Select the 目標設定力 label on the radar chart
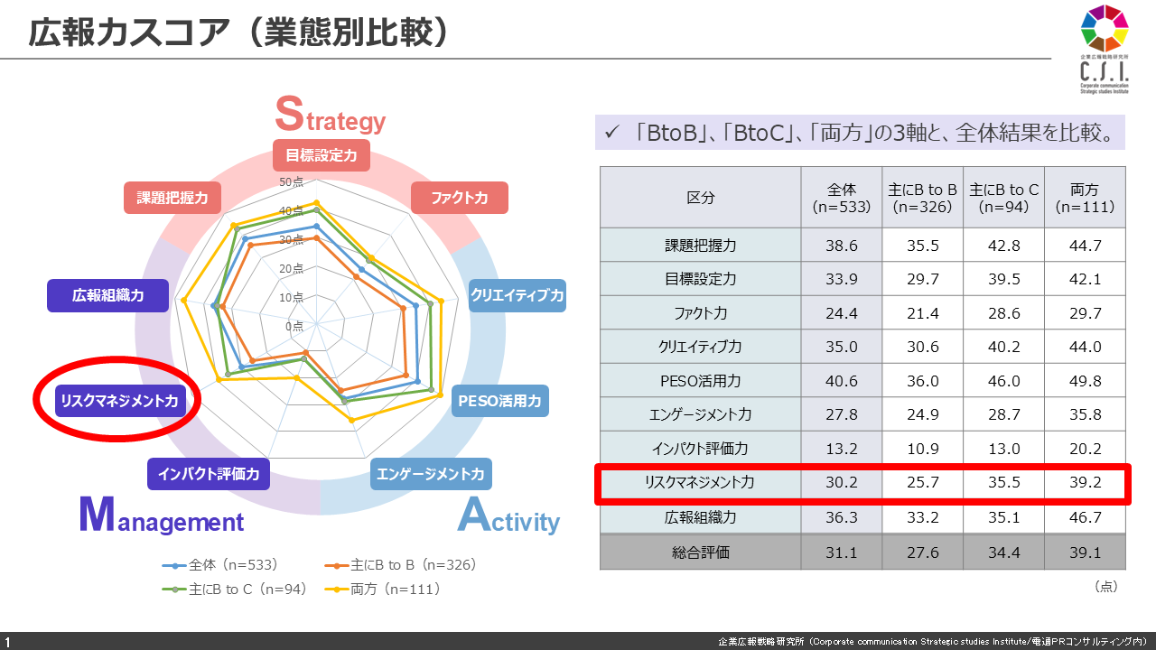321,155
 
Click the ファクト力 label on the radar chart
459,198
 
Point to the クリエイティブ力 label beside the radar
517,295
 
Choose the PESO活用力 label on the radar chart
499,401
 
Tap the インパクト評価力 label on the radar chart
209,473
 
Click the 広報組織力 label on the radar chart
108,295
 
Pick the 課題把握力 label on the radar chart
172,198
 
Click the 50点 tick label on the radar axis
292,182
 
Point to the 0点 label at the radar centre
294,326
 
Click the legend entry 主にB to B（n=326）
403,565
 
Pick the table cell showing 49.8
1085,380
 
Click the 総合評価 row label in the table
700,552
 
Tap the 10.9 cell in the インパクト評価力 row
922,449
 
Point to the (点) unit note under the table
1105,587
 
